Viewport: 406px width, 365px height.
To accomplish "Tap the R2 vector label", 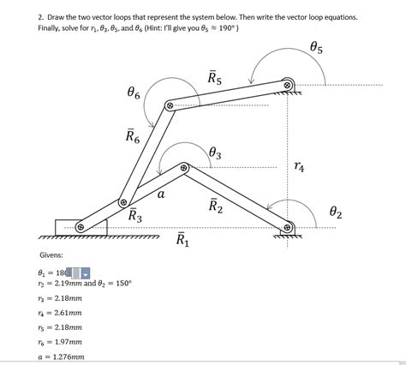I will pyautogui.click(x=215, y=206).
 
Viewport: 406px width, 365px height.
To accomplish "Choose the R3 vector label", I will pyautogui.click(x=135, y=216).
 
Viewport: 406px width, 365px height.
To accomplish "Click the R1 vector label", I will pyautogui.click(x=183, y=239).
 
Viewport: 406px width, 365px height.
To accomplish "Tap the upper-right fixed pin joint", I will pyautogui.click(x=288, y=84).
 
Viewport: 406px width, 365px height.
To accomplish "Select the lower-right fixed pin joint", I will pyautogui.click(x=288, y=228).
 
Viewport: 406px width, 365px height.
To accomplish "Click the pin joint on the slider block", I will pyautogui.click(x=80, y=227).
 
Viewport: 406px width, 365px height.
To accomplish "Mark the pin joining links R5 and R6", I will pyautogui.click(x=170, y=105).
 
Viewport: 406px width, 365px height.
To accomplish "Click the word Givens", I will pyautogui.click(x=51, y=255).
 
